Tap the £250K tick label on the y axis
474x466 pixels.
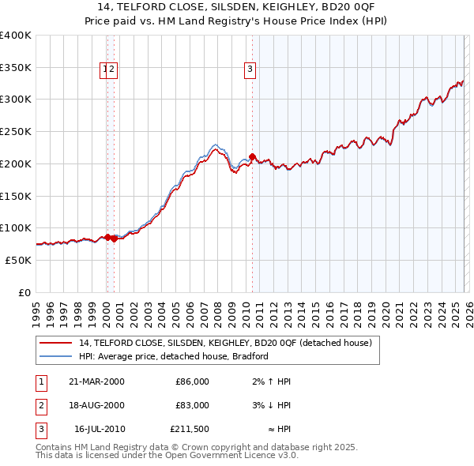[16, 132]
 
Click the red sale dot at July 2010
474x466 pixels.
[252, 156]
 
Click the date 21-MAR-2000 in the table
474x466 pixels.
[96, 381]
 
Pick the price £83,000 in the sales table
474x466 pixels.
[192, 405]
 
